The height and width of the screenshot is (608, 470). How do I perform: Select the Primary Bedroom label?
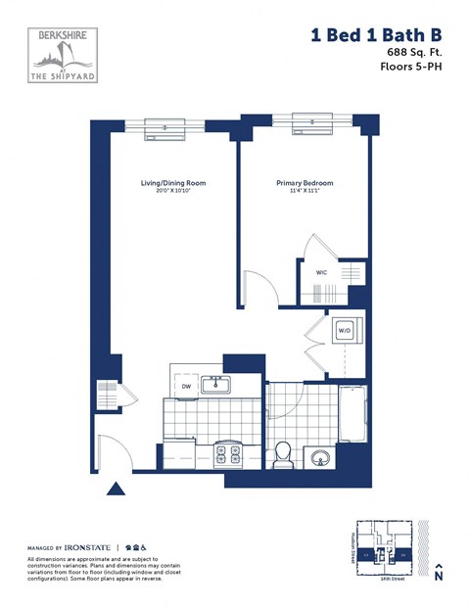pos(304,183)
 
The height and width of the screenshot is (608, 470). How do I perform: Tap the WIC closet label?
pos(321,273)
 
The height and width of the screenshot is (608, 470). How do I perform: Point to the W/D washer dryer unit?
pos(345,331)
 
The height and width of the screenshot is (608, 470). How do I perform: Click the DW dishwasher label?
pos(185,387)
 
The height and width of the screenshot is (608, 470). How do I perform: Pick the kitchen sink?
pos(216,385)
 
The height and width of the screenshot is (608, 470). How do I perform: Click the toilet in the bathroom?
pos(282,454)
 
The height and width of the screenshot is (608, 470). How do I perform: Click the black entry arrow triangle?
pos(117,487)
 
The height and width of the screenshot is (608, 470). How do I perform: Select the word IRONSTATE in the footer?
pos(88,545)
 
